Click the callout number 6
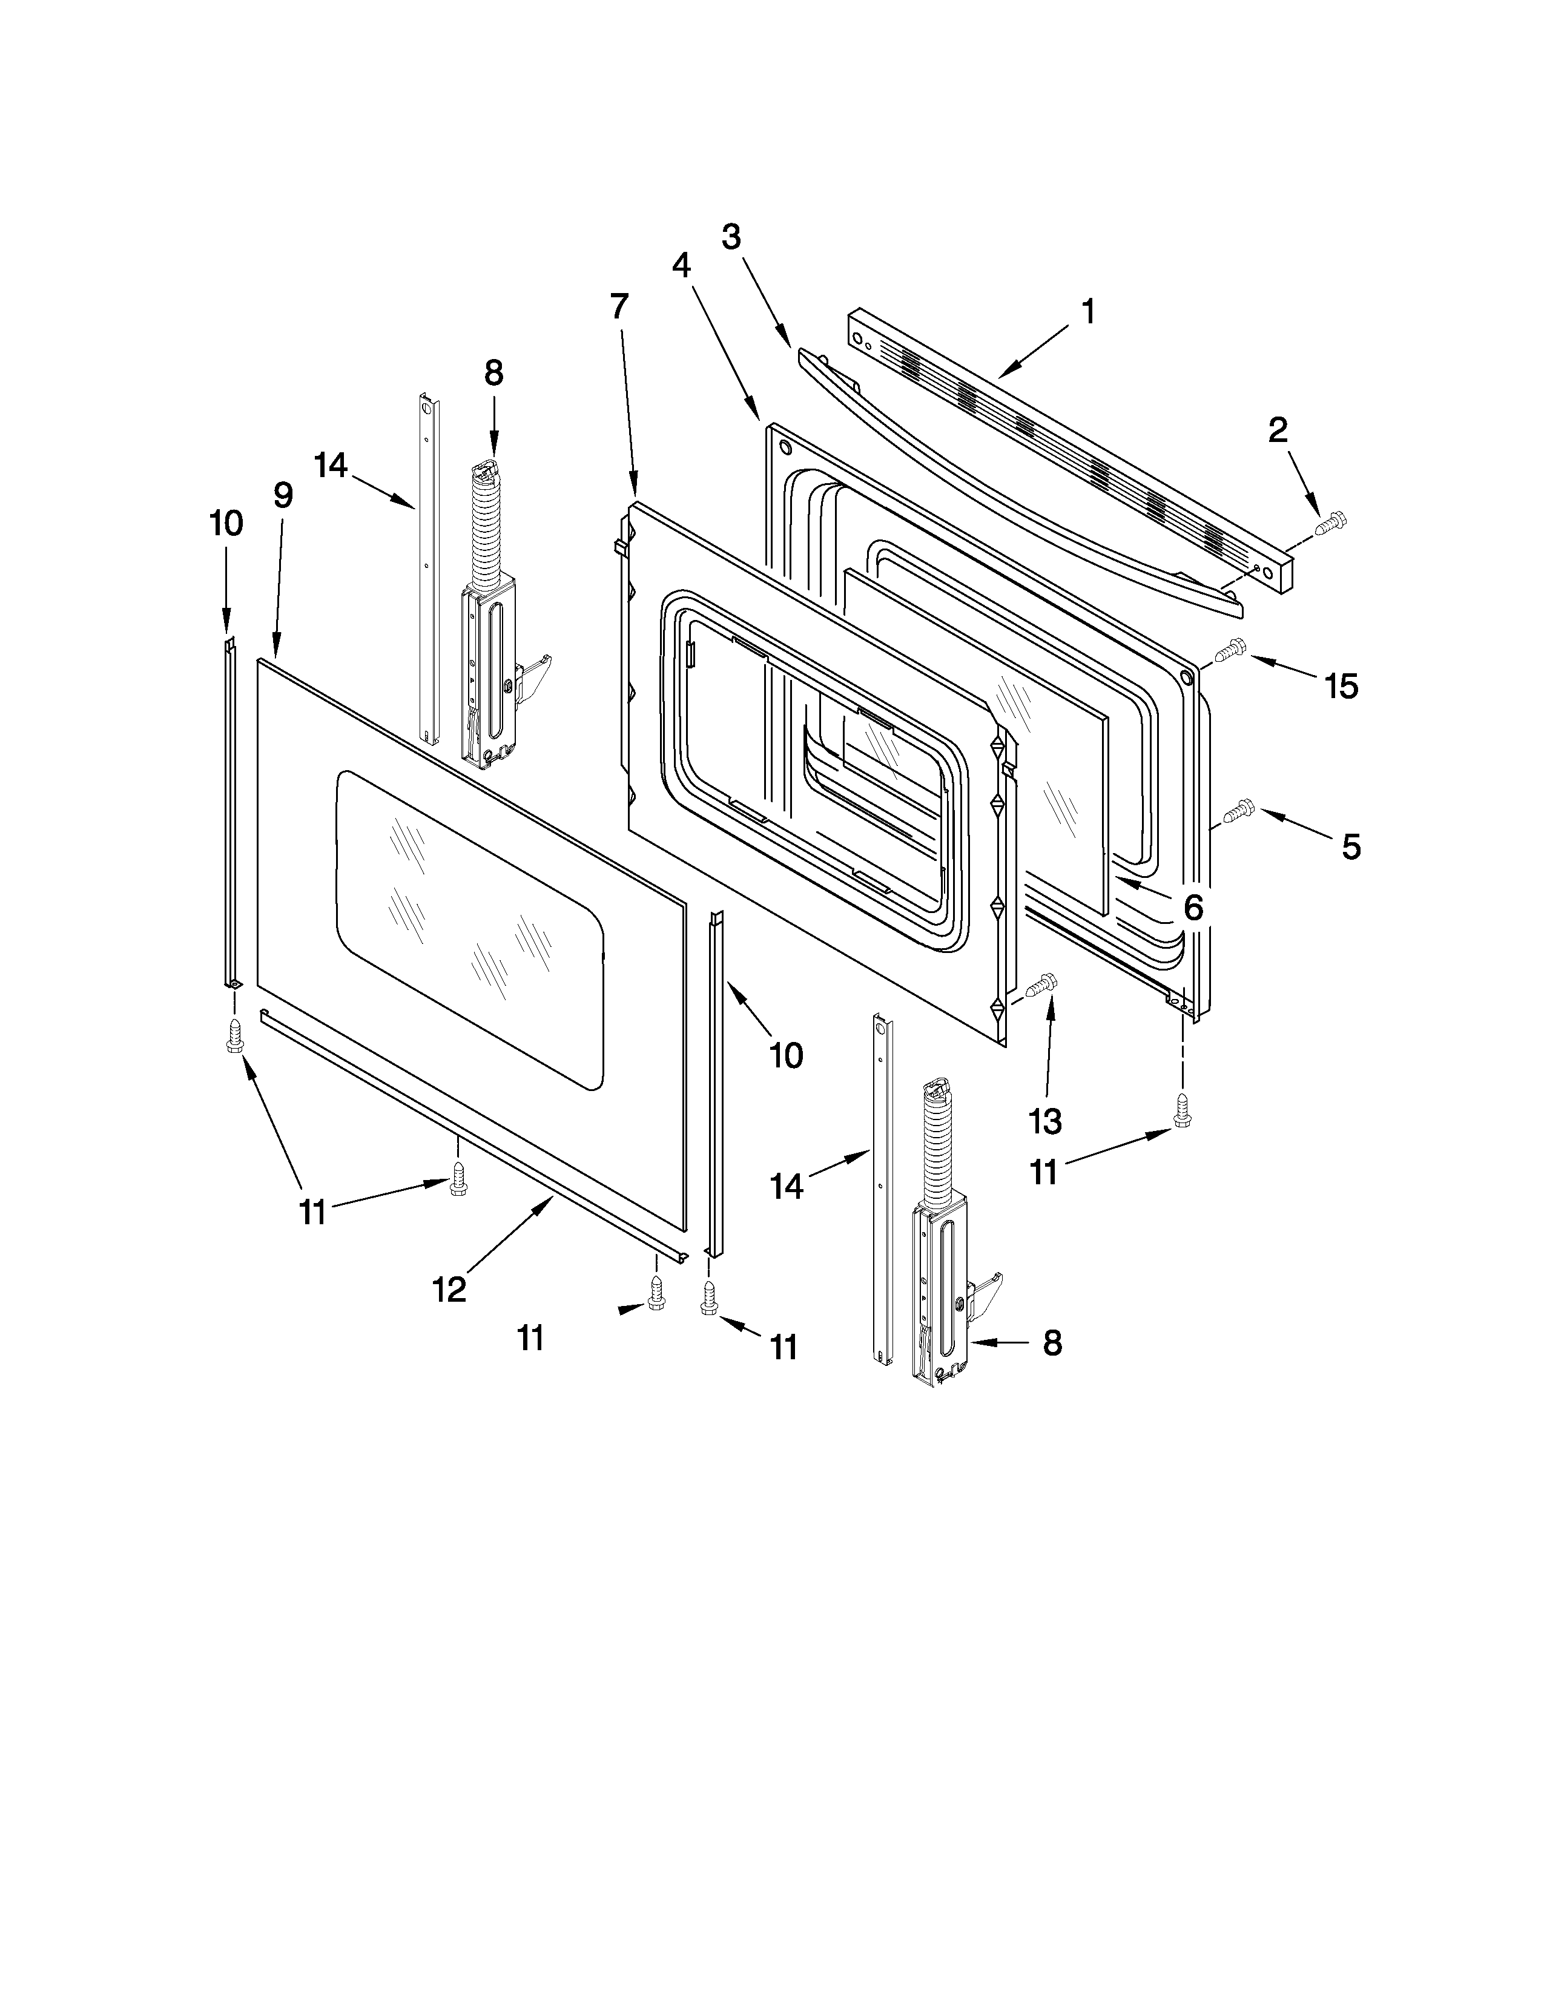(x=1193, y=908)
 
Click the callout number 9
(x=283, y=496)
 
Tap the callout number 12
(x=449, y=1289)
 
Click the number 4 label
(x=681, y=265)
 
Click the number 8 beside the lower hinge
(x=1053, y=1343)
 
